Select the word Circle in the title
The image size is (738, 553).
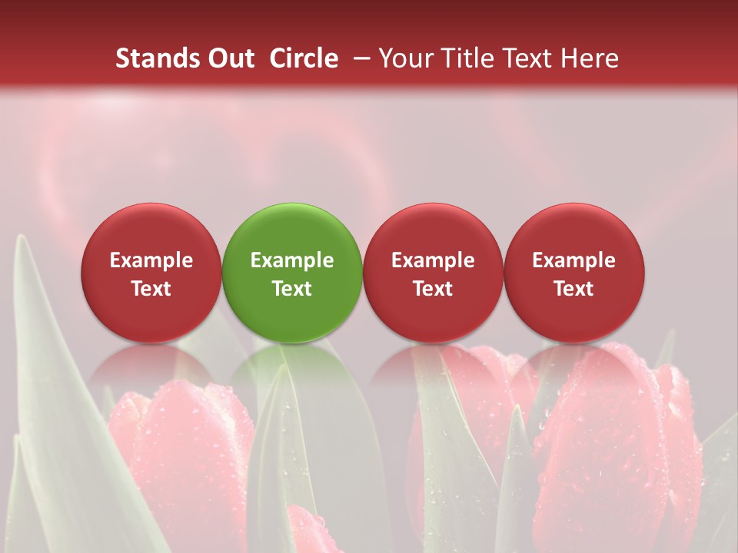pos(304,58)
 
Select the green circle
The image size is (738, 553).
pos(291,272)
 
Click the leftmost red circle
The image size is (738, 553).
pos(151,272)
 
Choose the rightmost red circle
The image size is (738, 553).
pos(573,272)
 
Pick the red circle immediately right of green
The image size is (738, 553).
pos(433,272)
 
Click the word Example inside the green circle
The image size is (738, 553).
pos(292,260)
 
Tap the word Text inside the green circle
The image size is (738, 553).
pos(292,289)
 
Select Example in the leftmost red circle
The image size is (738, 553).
pos(151,260)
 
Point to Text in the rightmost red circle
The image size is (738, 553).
pos(573,289)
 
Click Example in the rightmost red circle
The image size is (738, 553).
pos(573,260)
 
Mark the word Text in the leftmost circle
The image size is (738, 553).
pos(151,289)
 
